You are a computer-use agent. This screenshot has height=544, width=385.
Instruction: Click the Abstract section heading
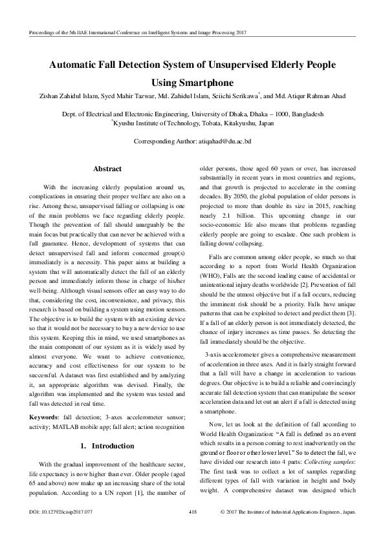(107, 169)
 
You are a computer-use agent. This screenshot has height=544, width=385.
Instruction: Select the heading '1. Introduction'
(107, 428)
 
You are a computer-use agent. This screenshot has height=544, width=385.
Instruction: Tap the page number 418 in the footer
(192, 530)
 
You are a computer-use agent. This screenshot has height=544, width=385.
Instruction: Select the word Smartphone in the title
(192, 83)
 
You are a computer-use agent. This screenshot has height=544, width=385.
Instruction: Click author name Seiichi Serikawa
(235, 96)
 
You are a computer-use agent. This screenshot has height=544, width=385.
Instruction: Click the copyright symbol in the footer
(223, 530)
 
